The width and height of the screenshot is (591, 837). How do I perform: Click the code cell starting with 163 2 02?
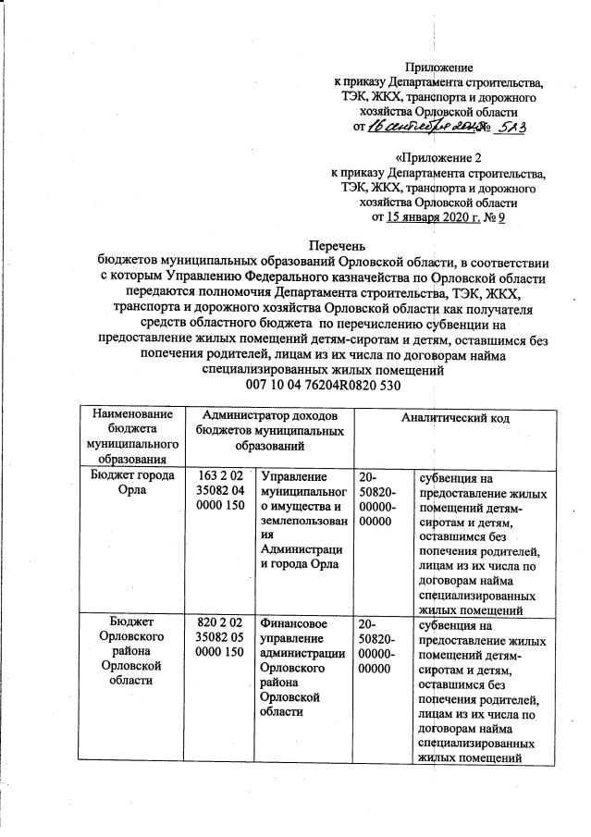(x=220, y=491)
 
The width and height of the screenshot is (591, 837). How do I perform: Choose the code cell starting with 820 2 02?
(x=220, y=638)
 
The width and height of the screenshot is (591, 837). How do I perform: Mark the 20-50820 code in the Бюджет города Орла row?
(x=382, y=499)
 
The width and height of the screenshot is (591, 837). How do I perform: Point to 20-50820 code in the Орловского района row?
(x=382, y=646)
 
